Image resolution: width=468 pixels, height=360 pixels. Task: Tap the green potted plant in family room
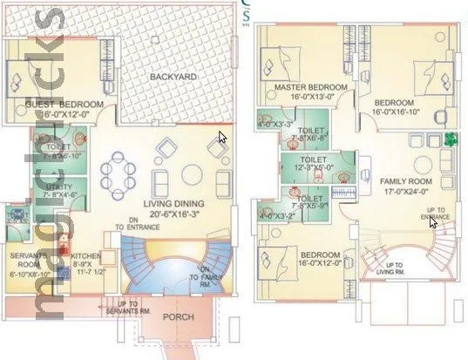[450, 139]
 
